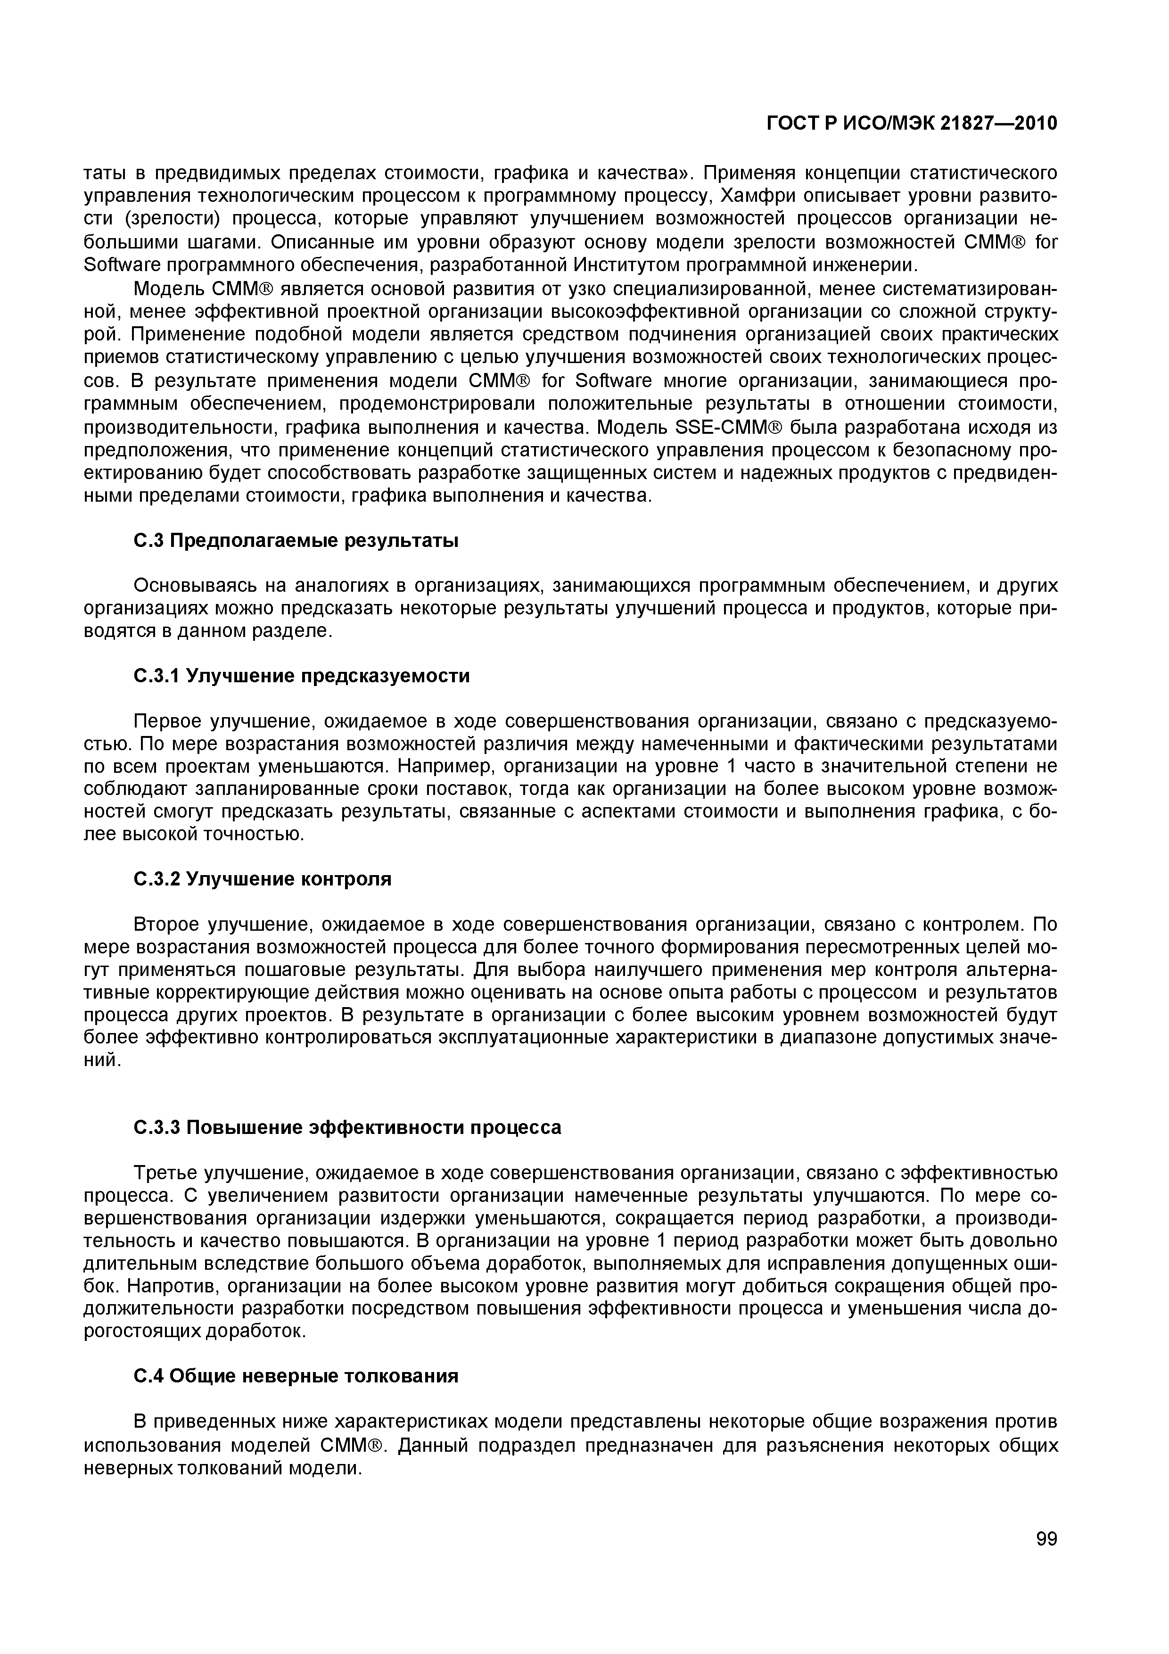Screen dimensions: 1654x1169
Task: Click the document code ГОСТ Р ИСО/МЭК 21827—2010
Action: tap(911, 124)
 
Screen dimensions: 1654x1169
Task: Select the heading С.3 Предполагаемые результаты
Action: tap(296, 540)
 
